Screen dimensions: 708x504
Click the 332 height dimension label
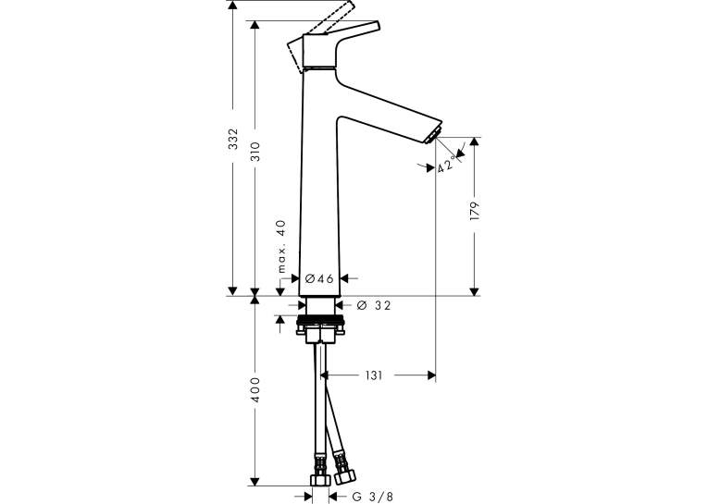pos(232,140)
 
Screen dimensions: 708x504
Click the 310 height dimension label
pos(255,152)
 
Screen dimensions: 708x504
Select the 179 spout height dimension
pos(474,211)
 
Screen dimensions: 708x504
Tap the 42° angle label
pos(446,164)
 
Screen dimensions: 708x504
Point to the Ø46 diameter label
pos(319,278)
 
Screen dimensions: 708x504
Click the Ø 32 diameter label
pos(374,305)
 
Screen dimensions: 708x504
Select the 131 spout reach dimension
pos(374,375)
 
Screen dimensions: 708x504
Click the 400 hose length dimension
pos(255,390)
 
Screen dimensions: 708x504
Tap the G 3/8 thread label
pos(373,497)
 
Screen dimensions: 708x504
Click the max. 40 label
pos(281,246)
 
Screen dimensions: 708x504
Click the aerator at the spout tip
pos(432,135)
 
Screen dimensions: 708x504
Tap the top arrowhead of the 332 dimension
pos(232,5)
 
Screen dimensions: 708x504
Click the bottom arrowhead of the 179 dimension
pos(474,291)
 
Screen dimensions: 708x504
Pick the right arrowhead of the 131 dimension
pos(431,375)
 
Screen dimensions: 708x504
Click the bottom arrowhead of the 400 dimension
pos(255,482)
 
